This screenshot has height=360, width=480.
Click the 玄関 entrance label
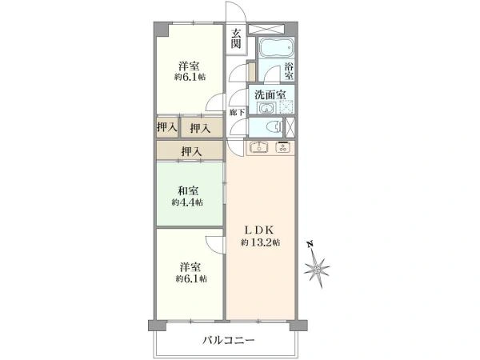pos(237,38)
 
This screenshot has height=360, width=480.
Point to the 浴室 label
pos(290,70)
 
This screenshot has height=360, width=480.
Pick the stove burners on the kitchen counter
pos(284,147)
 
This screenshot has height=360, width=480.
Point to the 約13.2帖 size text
pos(261,242)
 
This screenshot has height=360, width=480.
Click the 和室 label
pos(189,190)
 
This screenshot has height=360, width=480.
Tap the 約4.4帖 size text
pos(189,203)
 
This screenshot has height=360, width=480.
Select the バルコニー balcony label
pos(228,340)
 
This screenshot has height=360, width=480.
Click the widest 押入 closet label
pos(190,151)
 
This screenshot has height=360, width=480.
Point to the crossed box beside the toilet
pos(290,126)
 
